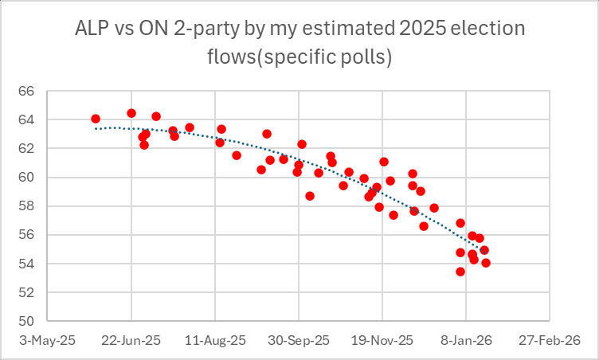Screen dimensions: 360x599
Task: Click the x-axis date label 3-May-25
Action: pyautogui.click(x=49, y=339)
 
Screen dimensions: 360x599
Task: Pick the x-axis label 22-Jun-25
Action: pyautogui.click(x=132, y=339)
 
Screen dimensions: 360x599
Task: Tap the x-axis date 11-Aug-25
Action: pyautogui.click(x=215, y=339)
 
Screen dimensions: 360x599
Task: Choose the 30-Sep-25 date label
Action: pyautogui.click(x=299, y=339)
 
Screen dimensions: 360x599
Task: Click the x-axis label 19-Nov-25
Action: pyautogui.click(x=382, y=339)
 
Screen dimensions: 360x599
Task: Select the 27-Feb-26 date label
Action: pyautogui.click(x=550, y=339)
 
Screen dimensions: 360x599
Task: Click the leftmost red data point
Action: pyautogui.click(x=96, y=119)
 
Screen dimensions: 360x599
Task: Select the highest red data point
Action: pyautogui.click(x=131, y=113)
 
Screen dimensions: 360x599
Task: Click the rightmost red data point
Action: pyautogui.click(x=486, y=263)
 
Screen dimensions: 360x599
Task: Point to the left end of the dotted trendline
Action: pyautogui.click(x=96, y=128)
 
